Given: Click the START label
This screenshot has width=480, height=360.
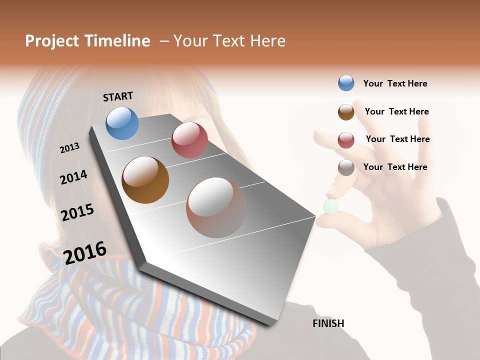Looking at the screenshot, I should [x=118, y=96].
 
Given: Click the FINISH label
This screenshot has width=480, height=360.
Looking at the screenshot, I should [x=328, y=323].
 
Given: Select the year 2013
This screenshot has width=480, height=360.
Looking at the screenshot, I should [x=69, y=148].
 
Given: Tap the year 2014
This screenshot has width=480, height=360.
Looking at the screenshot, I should [x=73, y=177].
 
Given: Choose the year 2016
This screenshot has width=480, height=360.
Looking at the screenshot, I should [x=85, y=252].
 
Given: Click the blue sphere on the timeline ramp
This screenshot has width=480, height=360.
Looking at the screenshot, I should [x=122, y=123].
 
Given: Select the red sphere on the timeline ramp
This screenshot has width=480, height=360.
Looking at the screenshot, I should [x=189, y=140].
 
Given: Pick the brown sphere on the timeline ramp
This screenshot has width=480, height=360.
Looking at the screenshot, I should [x=145, y=180].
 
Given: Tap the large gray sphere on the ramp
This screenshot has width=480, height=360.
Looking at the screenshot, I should [x=216, y=207].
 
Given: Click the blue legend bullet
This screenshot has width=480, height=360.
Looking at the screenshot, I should [x=346, y=83].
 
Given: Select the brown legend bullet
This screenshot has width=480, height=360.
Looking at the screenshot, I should [x=346, y=112].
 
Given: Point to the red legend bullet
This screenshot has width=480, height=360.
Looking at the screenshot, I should [x=346, y=140].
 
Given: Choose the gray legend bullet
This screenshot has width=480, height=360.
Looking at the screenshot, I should [x=346, y=167].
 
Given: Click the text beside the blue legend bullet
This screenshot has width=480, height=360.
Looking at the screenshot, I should [x=395, y=83].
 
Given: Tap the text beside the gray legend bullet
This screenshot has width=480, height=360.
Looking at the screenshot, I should [x=395, y=167].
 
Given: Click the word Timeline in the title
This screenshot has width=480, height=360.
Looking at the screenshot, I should [x=117, y=41].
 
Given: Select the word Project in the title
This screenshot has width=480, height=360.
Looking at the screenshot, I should [x=51, y=41].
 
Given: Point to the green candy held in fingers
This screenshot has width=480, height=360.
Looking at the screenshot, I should [x=331, y=206].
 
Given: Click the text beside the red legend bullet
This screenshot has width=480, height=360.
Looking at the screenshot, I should [x=397, y=139].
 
